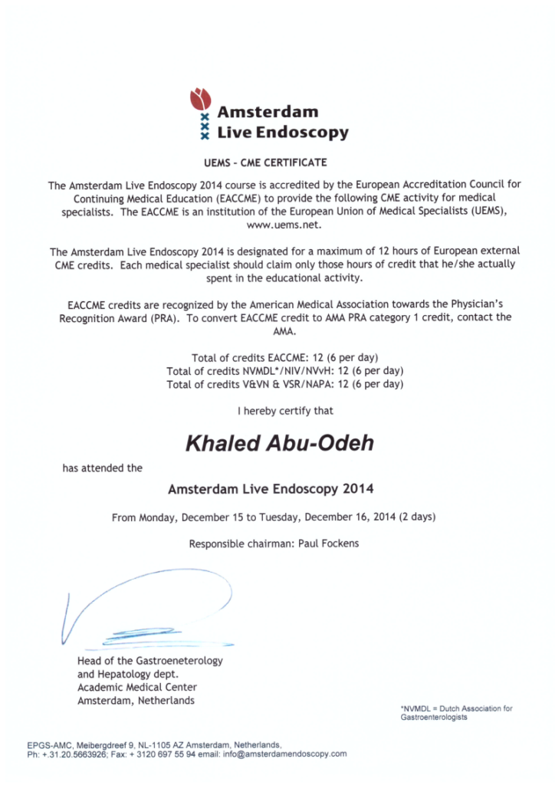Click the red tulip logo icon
point(201,98)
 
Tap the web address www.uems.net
point(277,225)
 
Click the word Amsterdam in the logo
point(268,112)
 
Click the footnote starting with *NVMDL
point(456,713)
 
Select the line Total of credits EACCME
point(284,358)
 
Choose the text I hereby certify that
point(285,411)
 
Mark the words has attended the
point(102,468)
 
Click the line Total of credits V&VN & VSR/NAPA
point(284,384)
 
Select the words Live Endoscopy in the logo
point(283,132)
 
